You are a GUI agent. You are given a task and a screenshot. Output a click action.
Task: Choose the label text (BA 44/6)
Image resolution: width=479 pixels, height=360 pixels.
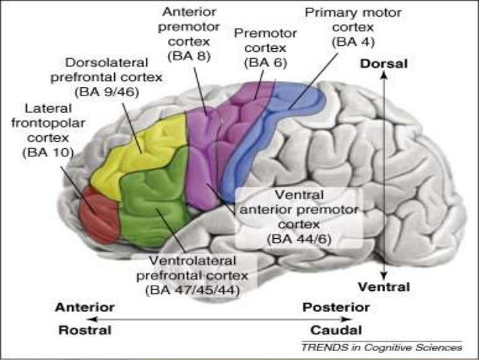click(298, 238)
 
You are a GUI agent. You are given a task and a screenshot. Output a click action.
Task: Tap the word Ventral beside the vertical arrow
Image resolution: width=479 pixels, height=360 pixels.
click(384, 287)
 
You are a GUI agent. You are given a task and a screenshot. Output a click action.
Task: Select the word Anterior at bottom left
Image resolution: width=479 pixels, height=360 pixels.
click(85, 307)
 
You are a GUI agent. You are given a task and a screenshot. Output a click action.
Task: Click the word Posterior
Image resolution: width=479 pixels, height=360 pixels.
click(336, 307)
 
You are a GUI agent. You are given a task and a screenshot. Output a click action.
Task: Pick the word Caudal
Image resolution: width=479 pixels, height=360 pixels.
click(336, 330)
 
